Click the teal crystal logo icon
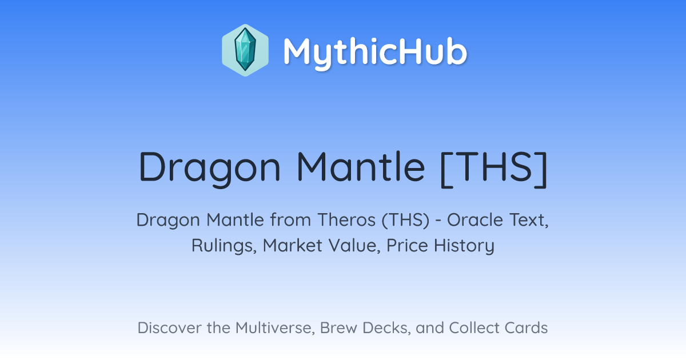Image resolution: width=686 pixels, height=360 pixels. pyautogui.click(x=245, y=50)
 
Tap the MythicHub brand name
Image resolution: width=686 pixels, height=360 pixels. pyautogui.click(x=375, y=52)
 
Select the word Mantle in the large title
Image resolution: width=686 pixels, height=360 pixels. pyautogui.click(x=361, y=166)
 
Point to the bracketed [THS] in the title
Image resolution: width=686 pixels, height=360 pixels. pyautogui.click(x=494, y=169)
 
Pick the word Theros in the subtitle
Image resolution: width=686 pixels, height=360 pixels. pyautogui.click(x=346, y=219)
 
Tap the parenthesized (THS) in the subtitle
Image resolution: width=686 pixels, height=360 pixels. pyautogui.click(x=406, y=220)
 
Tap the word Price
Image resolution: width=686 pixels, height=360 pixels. pyautogui.click(x=407, y=245)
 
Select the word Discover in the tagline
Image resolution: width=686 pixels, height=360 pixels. pyautogui.click(x=169, y=327)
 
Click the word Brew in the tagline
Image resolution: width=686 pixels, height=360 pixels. pyautogui.click(x=338, y=327)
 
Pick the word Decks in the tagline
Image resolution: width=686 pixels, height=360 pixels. pyautogui.click(x=386, y=328)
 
